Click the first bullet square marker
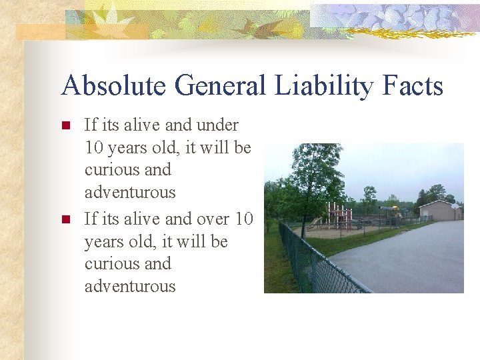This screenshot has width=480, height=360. [65, 125]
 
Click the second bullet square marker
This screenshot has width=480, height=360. [65, 219]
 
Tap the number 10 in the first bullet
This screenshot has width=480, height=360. [94, 147]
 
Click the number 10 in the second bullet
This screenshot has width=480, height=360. [244, 218]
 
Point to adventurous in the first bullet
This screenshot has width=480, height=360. [130, 193]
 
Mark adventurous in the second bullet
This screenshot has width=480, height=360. [130, 286]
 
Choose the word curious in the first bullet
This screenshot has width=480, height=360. [109, 170]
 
